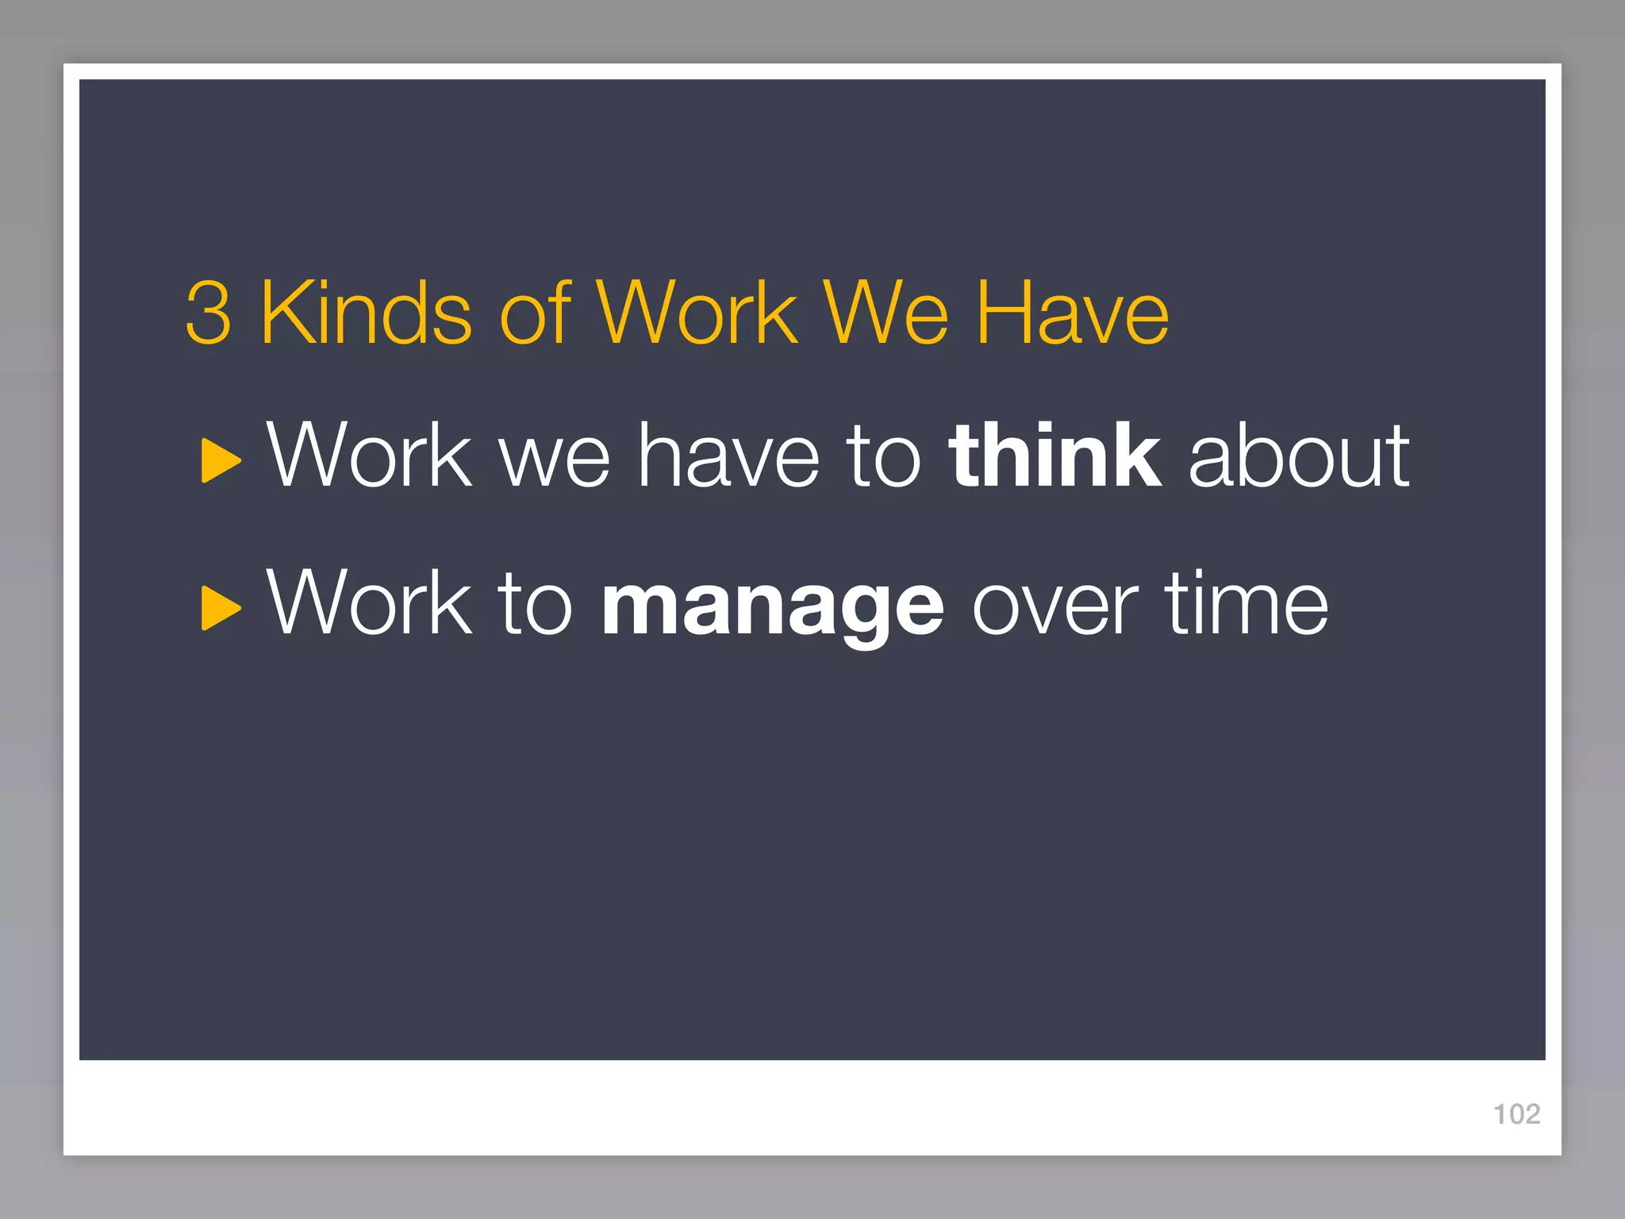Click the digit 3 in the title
(x=209, y=313)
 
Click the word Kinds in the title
(x=367, y=313)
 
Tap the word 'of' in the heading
(x=535, y=313)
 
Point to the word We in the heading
(x=885, y=313)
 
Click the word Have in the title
(x=1072, y=313)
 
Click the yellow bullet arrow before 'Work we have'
(x=221, y=460)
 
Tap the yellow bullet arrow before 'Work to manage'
(x=221, y=608)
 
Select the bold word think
(x=1055, y=456)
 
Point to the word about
(x=1299, y=456)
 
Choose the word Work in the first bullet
(x=370, y=456)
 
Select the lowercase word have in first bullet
(x=729, y=456)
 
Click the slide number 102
(x=1516, y=1114)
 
